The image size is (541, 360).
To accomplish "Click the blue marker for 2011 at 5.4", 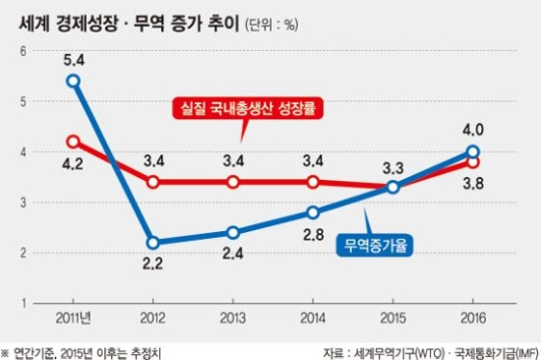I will [73, 81].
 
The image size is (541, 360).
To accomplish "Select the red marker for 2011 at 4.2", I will [73, 141].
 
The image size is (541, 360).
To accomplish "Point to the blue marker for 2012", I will [153, 242].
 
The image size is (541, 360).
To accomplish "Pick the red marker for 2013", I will [233, 182].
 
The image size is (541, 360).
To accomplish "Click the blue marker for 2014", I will [313, 211].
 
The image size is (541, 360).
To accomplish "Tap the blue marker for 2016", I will [473, 151].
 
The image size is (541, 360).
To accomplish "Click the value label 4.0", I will [473, 128].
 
